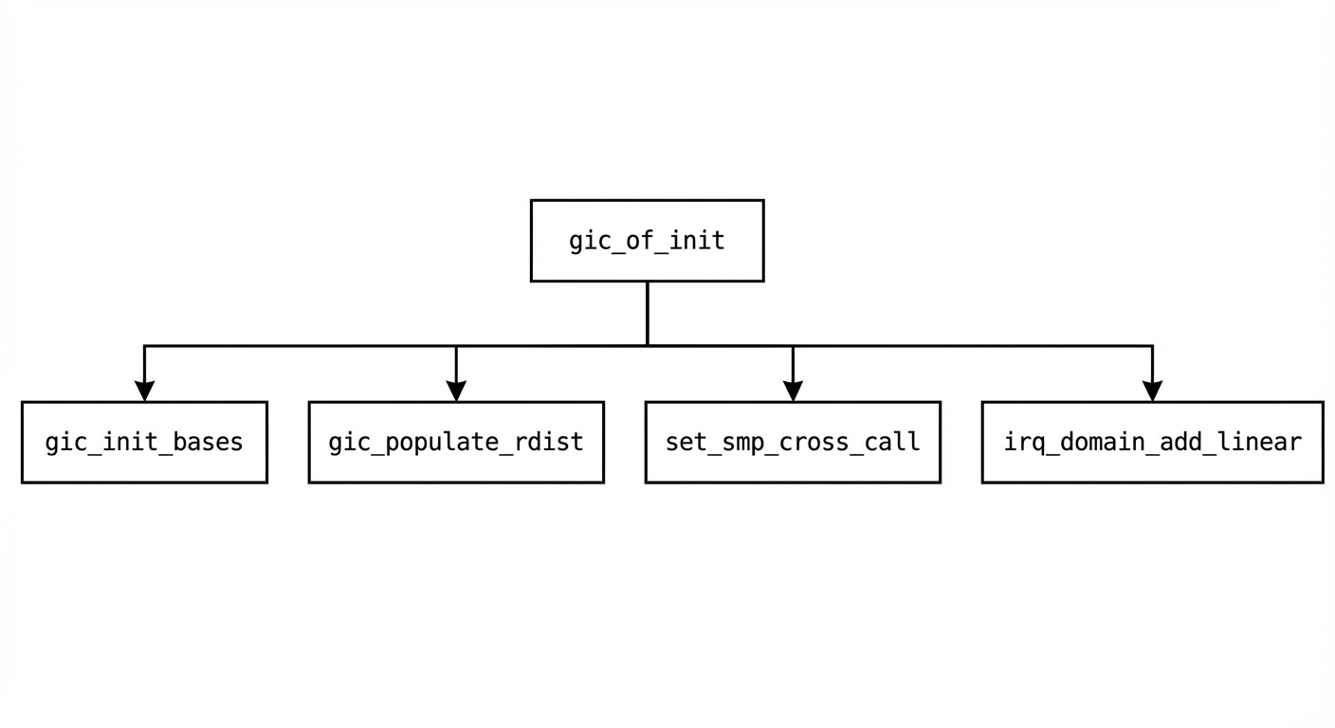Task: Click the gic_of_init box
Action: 647,241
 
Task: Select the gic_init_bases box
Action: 144,442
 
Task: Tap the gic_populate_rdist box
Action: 456,442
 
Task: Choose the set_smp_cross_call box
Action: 793,442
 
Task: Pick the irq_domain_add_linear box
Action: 1152,442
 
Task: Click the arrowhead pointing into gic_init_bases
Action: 144,391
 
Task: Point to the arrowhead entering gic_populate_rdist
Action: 456,391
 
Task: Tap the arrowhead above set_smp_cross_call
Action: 793,391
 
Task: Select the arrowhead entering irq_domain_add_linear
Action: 1152,391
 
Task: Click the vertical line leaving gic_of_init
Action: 647,313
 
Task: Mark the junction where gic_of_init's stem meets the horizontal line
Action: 647,346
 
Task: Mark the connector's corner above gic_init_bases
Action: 144,346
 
